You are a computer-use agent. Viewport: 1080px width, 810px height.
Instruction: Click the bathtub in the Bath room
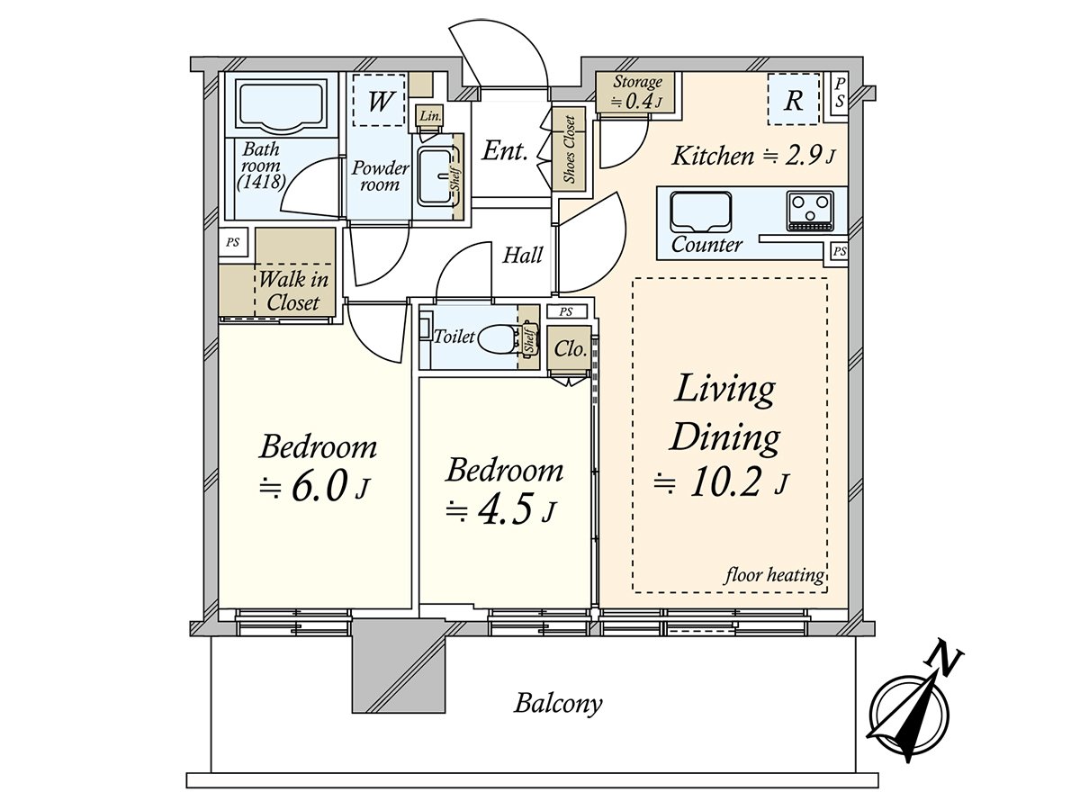click(x=281, y=105)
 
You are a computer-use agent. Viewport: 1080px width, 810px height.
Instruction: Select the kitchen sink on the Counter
click(x=700, y=212)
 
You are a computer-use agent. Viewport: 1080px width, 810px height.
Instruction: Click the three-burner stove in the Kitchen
click(x=810, y=211)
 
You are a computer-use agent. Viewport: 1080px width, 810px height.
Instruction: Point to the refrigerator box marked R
click(x=793, y=99)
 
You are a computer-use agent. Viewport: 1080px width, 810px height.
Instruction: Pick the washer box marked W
click(x=379, y=100)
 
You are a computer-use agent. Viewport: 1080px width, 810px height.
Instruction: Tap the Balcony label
click(x=558, y=703)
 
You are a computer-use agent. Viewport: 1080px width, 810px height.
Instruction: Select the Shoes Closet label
click(x=570, y=149)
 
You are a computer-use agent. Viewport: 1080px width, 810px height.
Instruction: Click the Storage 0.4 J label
click(x=637, y=92)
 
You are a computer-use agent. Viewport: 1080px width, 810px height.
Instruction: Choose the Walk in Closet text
click(x=293, y=291)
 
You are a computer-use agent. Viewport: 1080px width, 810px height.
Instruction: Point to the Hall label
click(x=523, y=256)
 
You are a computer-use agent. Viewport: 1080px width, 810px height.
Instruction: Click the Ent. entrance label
click(x=505, y=150)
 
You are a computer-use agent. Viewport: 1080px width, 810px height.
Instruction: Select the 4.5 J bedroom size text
click(x=501, y=510)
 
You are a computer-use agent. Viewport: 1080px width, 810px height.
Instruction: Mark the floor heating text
click(x=774, y=574)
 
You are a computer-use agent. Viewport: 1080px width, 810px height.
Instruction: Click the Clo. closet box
click(x=569, y=348)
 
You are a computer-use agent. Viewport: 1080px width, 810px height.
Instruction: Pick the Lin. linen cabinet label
click(x=430, y=117)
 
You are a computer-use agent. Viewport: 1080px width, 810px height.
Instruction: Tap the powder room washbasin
click(x=435, y=176)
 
